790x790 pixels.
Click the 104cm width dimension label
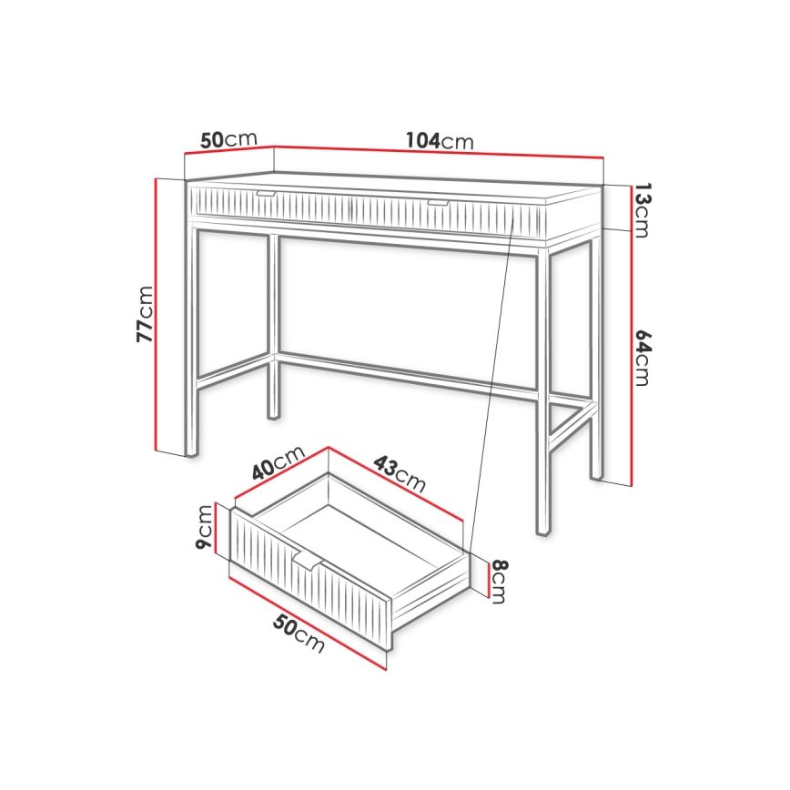click(x=440, y=141)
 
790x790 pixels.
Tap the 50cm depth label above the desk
click(x=228, y=139)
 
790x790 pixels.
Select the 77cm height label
click(x=144, y=314)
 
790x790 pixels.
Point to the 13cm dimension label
click(x=642, y=210)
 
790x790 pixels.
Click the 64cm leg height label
click(x=642, y=358)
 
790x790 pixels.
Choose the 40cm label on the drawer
click(x=277, y=467)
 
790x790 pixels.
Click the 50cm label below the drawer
click(x=298, y=633)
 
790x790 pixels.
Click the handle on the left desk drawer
click(x=268, y=194)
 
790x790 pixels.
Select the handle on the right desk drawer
click(x=439, y=202)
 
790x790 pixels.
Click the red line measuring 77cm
click(x=157, y=314)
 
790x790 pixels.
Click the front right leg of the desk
click(x=542, y=391)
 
